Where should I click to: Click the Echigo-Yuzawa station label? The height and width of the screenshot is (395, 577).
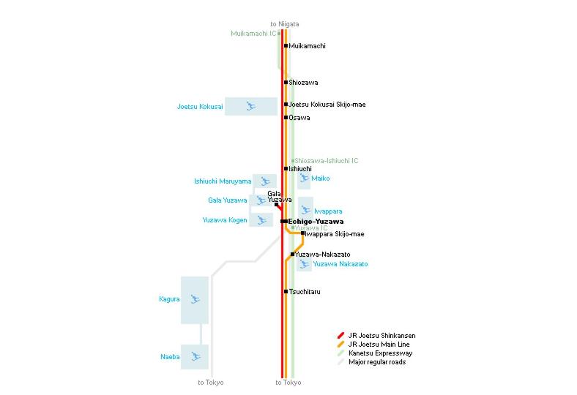click(316, 222)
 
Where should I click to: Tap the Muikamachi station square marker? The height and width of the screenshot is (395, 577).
click(286, 46)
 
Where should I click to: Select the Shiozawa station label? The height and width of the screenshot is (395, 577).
click(303, 83)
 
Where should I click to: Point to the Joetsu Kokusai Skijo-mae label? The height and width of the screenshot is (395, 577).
click(327, 105)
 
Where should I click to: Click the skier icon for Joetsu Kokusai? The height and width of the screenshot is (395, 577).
click(251, 106)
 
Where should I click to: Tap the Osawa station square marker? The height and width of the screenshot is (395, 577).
click(286, 118)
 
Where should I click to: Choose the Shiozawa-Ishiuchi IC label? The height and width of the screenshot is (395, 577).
click(327, 161)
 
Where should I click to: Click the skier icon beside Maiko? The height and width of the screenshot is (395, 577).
click(304, 178)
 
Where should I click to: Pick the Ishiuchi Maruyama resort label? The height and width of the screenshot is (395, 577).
click(223, 181)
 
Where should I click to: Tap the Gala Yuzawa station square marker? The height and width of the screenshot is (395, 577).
click(276, 204)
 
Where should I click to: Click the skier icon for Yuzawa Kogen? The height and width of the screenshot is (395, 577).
click(261, 220)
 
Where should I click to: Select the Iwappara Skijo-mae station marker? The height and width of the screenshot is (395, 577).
click(303, 233)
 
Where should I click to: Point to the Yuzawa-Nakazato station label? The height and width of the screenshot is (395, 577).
click(323, 255)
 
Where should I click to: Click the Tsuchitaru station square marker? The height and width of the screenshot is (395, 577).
click(286, 291)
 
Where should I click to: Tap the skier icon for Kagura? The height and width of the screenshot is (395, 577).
click(195, 299)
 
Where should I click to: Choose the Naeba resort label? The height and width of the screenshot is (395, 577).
click(170, 357)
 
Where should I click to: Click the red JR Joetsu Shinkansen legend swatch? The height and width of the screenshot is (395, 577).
click(340, 336)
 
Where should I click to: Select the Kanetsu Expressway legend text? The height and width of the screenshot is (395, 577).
click(381, 353)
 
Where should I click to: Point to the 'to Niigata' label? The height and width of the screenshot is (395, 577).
click(285, 24)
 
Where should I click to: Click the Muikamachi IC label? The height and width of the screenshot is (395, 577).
click(253, 34)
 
